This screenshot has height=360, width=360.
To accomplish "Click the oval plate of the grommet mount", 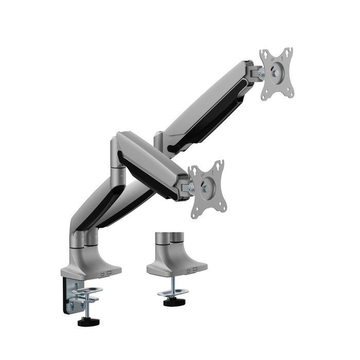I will (x=173, y=293).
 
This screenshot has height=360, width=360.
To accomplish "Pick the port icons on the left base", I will (x=106, y=274).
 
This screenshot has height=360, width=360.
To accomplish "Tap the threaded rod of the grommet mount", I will (x=173, y=283).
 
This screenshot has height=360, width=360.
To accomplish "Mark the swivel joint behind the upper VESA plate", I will (x=254, y=73).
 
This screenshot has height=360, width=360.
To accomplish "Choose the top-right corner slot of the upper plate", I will (x=289, y=52).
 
